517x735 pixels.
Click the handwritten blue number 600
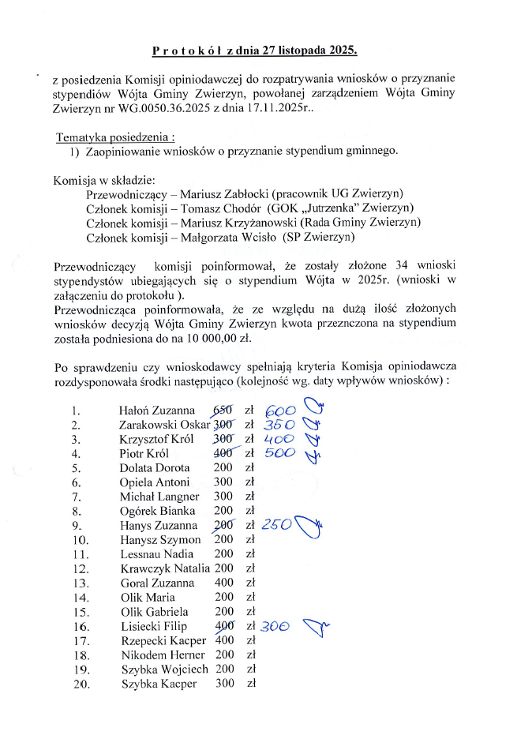click(x=280, y=411)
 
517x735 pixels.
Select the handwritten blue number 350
click(x=279, y=426)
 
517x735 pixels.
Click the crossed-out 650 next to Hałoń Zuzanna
click(x=224, y=411)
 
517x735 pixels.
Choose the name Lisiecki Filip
click(x=157, y=626)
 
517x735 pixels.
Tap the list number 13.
click(x=77, y=583)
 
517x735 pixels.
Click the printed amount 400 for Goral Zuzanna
click(x=224, y=583)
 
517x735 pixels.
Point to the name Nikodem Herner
click(x=163, y=655)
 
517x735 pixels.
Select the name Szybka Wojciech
click(x=165, y=669)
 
